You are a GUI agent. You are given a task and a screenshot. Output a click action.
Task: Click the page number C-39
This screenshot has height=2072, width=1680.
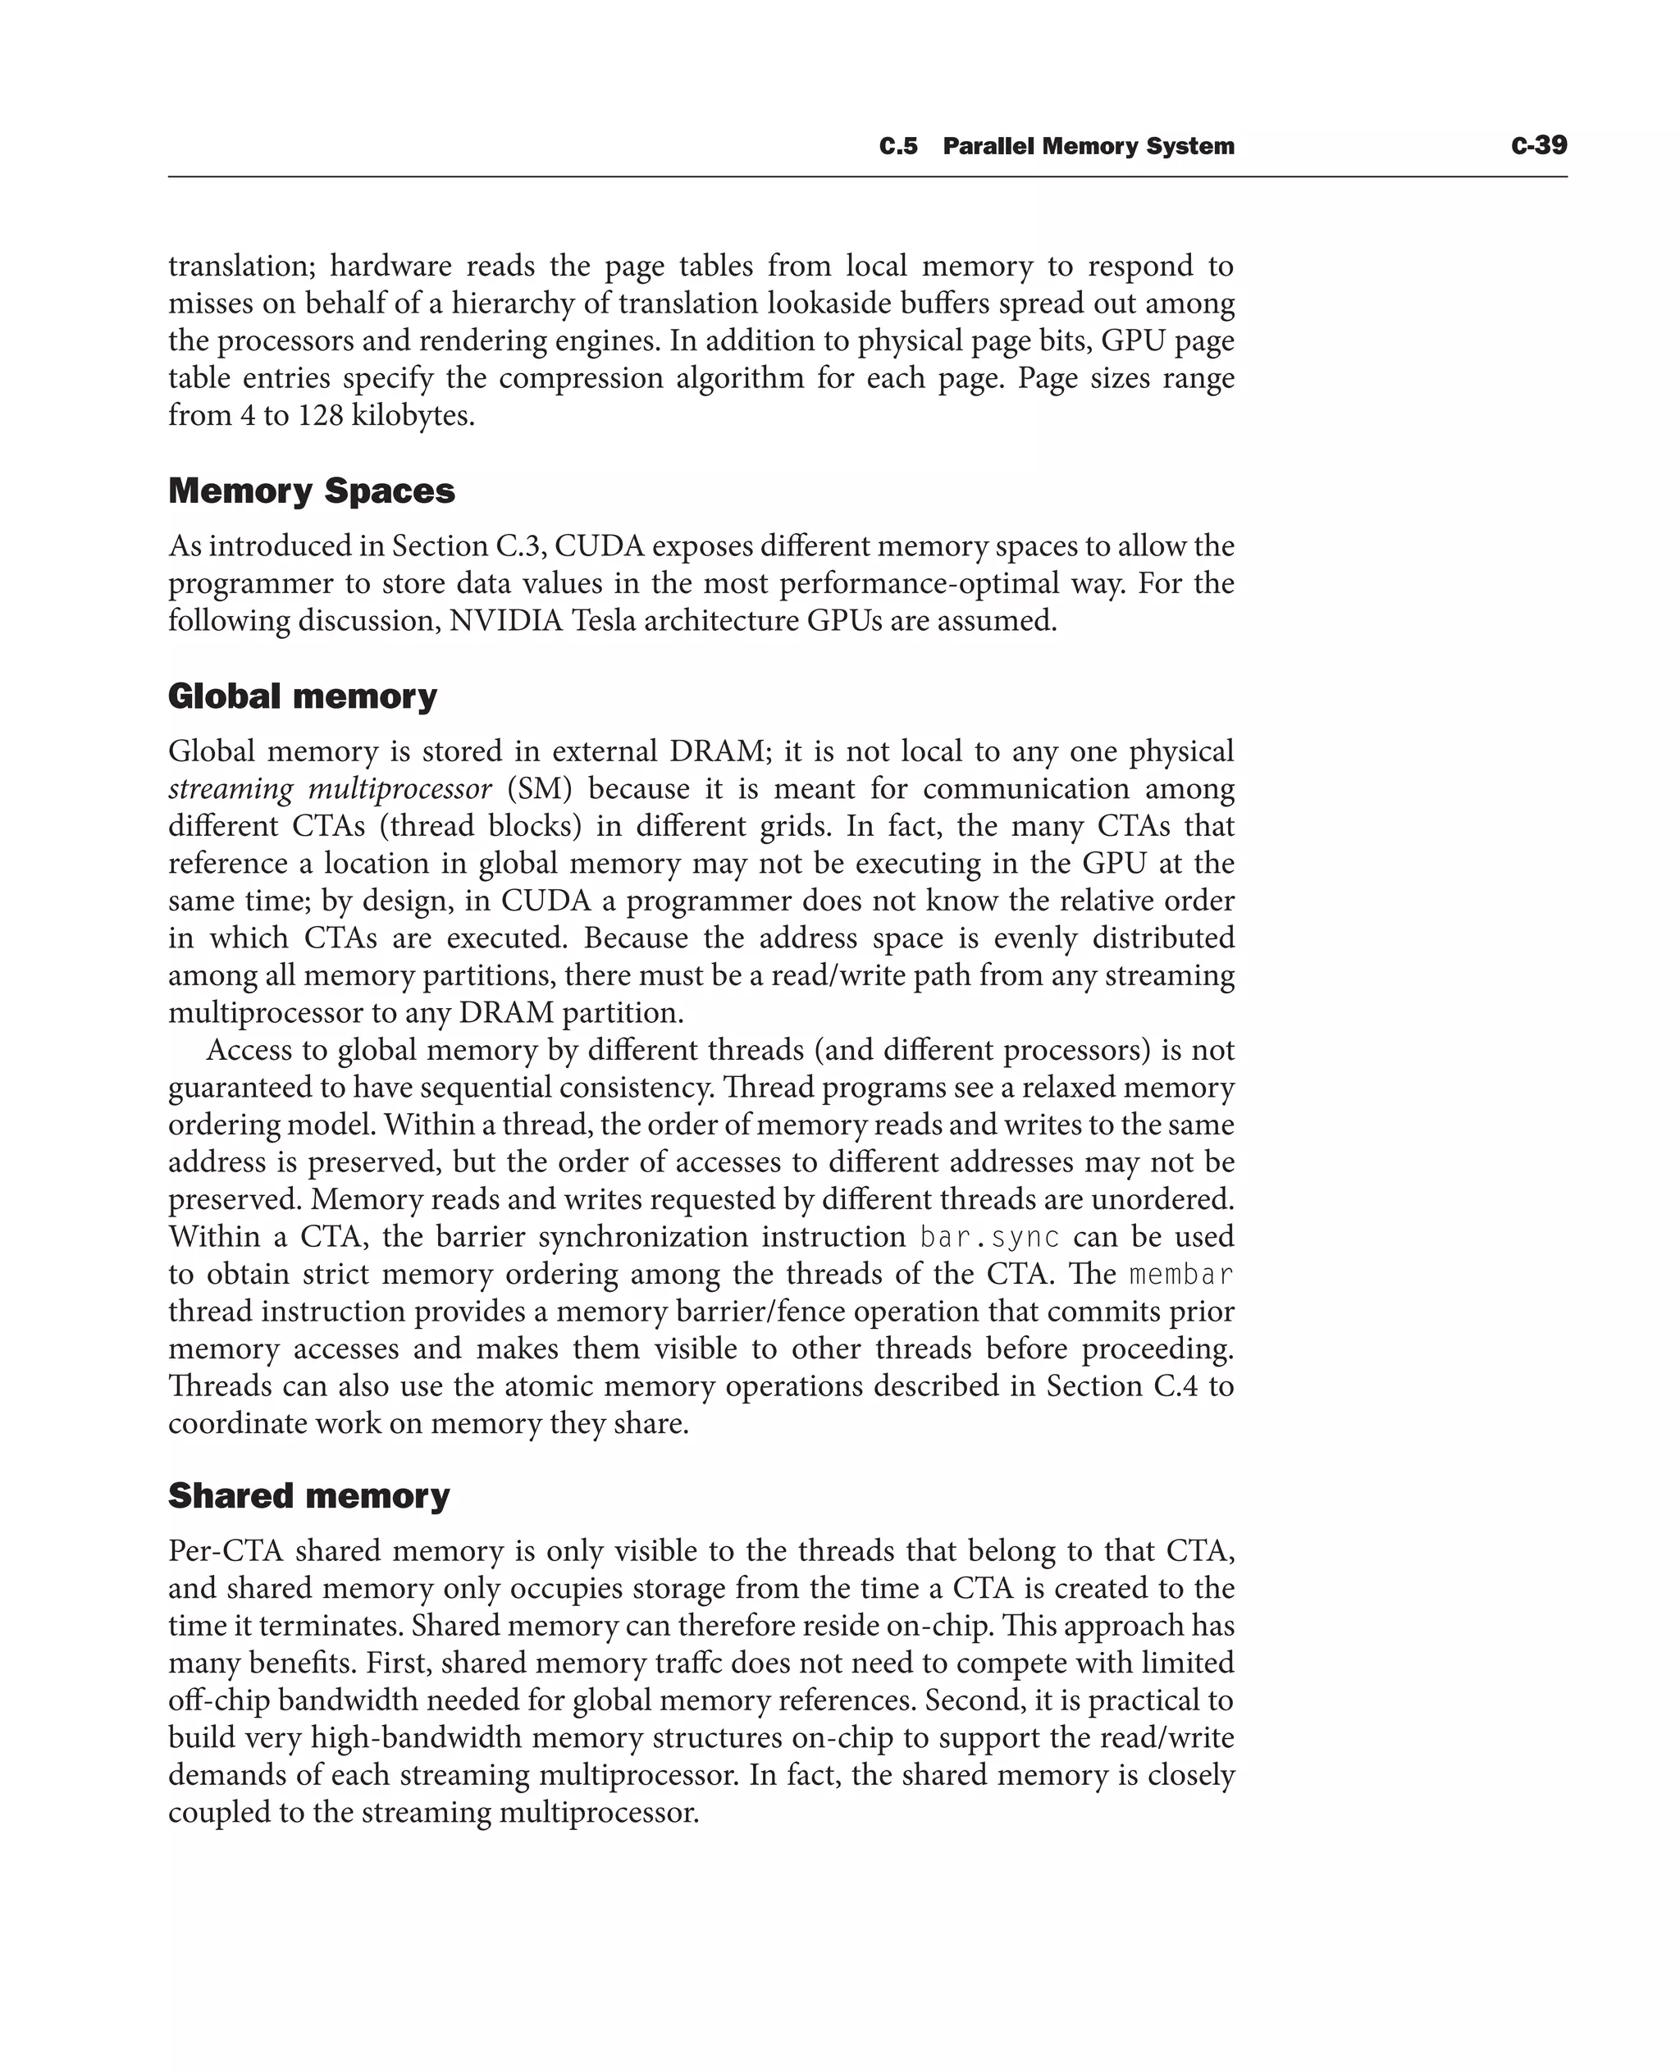click(1538, 146)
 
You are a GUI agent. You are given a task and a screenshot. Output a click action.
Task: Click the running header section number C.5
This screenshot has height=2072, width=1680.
click(897, 147)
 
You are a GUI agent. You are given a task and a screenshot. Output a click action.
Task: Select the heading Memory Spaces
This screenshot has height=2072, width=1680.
click(311, 491)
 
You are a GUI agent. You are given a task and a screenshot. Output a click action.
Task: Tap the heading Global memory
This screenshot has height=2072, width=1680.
click(302, 696)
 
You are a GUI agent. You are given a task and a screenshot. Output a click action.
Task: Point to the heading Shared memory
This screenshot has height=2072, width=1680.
click(308, 1495)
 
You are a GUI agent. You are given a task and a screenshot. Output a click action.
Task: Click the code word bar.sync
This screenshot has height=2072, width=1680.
click(989, 1237)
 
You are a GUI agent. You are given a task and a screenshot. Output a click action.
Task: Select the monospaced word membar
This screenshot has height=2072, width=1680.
click(1181, 1275)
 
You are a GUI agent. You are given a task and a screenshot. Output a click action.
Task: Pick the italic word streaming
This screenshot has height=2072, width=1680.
click(230, 789)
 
